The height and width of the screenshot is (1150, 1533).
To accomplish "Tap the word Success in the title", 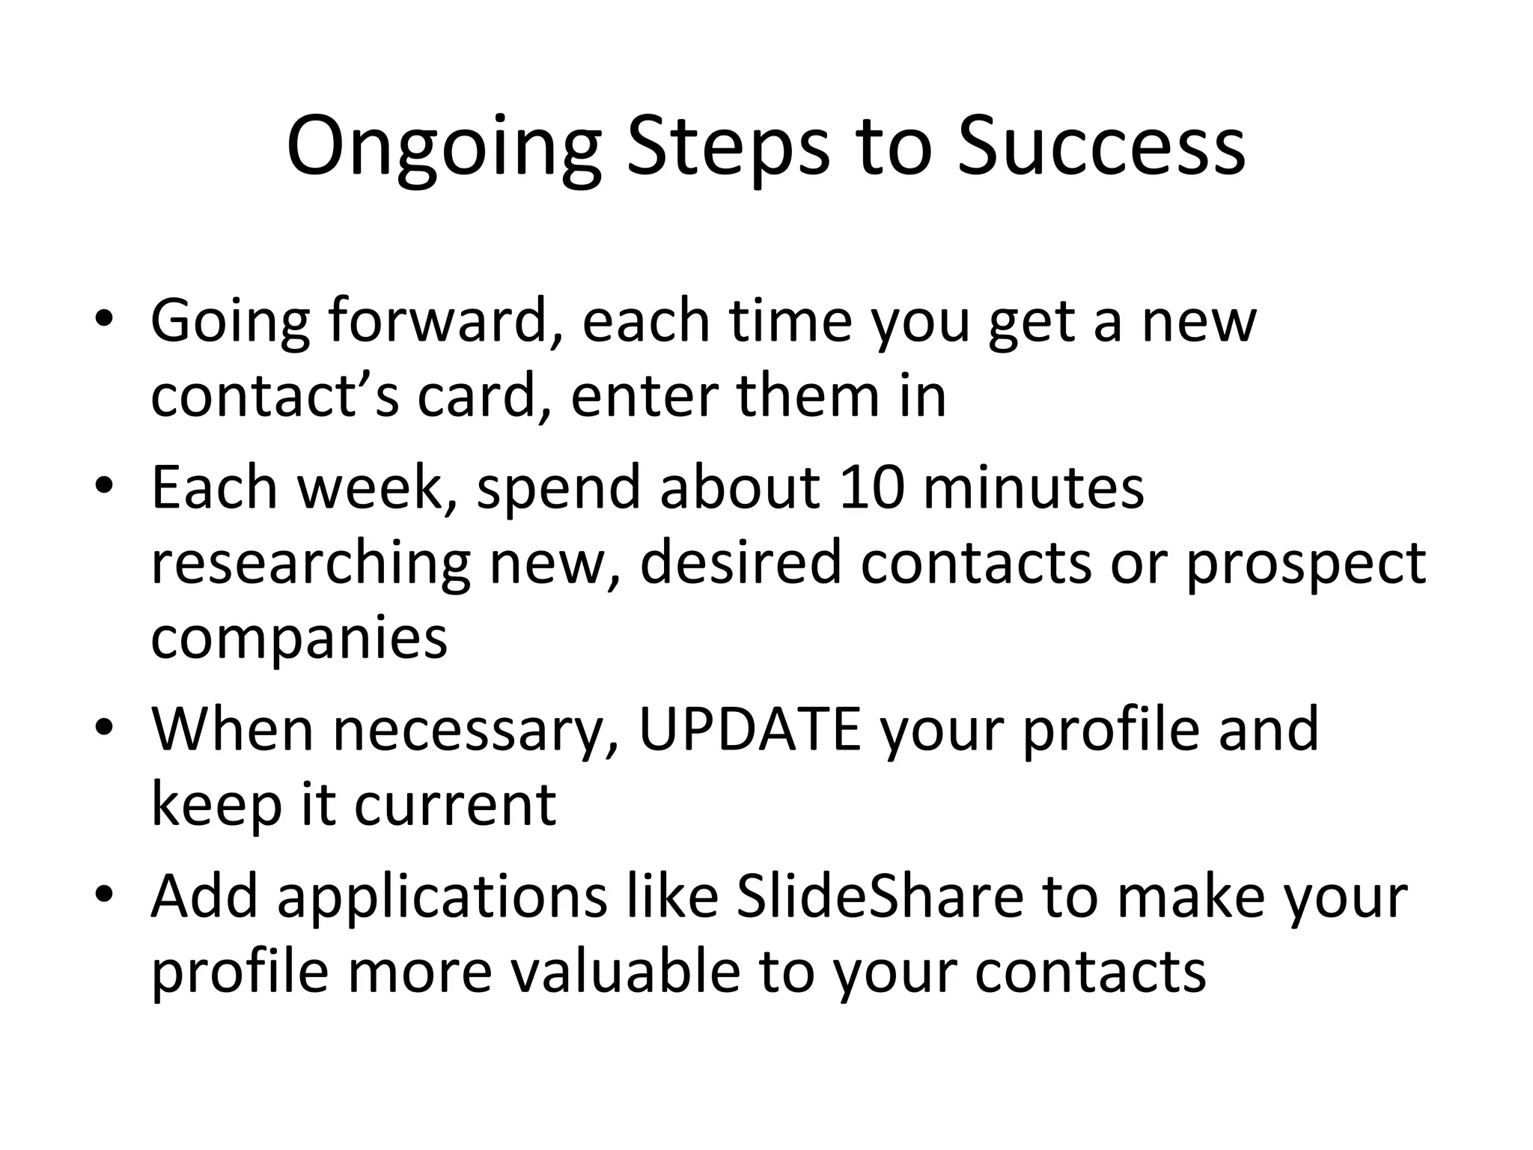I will (1101, 147).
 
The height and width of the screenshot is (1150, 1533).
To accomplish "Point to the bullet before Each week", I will (104, 487).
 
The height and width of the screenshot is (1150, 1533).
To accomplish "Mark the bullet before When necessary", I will (104, 729).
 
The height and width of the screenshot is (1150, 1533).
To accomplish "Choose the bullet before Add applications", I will (104, 896).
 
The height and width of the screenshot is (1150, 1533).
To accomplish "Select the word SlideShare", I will (880, 896).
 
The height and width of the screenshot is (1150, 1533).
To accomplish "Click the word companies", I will (299, 639).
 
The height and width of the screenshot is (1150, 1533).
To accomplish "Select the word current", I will (454, 805).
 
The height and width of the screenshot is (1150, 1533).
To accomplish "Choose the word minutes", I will (1033, 487).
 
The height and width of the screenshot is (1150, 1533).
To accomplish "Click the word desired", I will (741, 563).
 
